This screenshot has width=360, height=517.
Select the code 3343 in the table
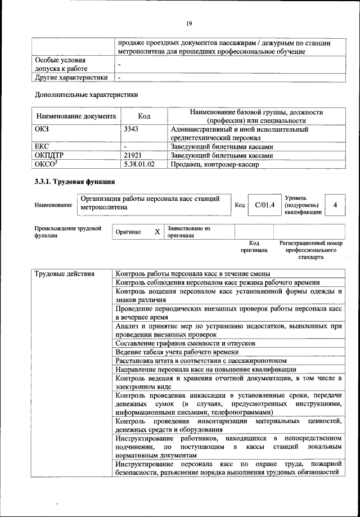click(x=131, y=129)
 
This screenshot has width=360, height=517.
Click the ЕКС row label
click(x=43, y=147)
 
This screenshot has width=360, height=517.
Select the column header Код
click(x=144, y=116)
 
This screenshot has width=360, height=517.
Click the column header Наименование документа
click(x=76, y=116)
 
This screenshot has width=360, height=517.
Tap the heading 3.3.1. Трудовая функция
click(x=75, y=182)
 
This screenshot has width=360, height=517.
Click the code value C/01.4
click(x=264, y=205)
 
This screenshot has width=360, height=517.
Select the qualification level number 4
click(x=335, y=205)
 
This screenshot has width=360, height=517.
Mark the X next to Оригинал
click(x=157, y=232)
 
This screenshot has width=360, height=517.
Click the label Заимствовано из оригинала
click(x=188, y=232)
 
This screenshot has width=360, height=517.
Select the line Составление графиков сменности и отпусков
click(x=185, y=343)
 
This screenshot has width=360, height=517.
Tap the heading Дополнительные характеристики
click(x=86, y=95)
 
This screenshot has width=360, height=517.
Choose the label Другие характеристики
click(x=71, y=77)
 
